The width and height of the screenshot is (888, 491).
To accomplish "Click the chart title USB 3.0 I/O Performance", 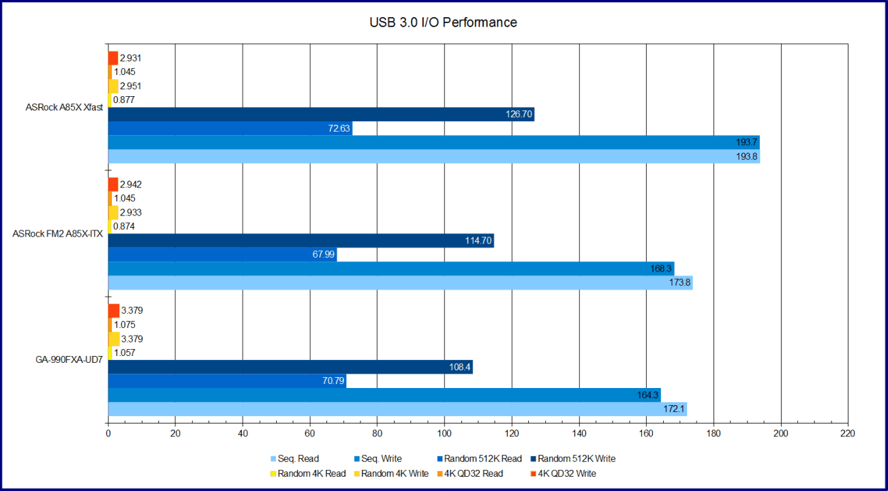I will (x=443, y=23).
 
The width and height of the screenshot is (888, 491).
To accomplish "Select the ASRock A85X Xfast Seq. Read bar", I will (x=433, y=157).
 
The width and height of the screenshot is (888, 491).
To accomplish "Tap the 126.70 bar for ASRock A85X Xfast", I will (x=321, y=115).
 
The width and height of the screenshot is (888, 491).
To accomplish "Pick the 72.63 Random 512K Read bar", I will (x=230, y=129).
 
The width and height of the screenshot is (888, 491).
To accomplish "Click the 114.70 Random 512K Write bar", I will (x=301, y=241).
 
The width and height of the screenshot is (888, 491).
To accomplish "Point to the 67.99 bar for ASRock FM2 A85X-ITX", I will (x=222, y=255).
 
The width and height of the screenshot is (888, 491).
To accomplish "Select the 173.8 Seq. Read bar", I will (x=400, y=283).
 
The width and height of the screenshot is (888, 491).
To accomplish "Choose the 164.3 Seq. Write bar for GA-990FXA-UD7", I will (x=384, y=395).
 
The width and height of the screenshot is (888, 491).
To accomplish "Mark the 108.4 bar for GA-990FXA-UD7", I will (x=290, y=367).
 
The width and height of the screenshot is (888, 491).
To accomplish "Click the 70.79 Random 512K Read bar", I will (x=227, y=381).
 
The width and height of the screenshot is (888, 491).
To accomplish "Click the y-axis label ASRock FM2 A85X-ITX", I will (x=58, y=234).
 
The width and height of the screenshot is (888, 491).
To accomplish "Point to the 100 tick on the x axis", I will (x=444, y=433).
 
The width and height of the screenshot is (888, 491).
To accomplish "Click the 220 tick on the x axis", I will (x=848, y=433).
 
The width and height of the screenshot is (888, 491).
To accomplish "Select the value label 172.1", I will (x=673, y=409).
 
